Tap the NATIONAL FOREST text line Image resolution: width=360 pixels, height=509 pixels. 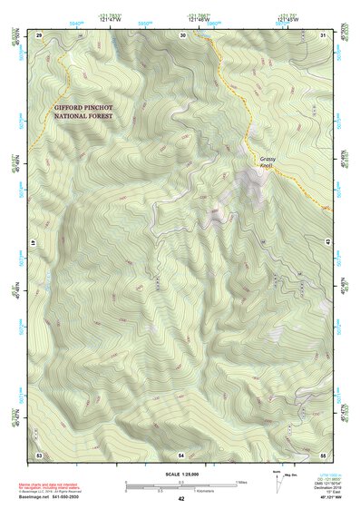85,117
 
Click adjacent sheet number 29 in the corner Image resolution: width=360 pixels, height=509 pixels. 39,34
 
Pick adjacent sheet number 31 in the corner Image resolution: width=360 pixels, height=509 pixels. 323,34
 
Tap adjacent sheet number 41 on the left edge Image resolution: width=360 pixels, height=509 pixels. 38,243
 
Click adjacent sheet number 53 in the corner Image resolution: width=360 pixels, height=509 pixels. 39,454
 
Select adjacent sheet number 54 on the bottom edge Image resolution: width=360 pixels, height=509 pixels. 181,454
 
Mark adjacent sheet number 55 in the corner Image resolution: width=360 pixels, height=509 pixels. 323,454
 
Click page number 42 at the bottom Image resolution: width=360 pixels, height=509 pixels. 181,499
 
